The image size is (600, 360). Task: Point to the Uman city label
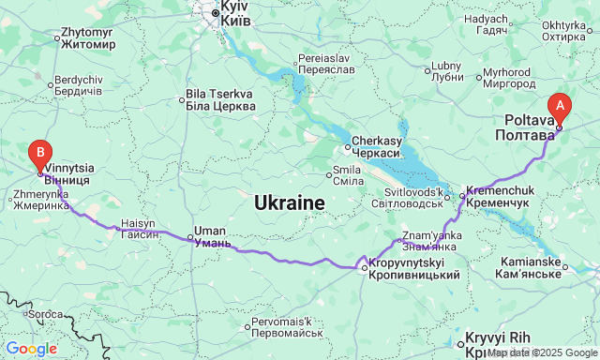pyautogui.click(x=209, y=236)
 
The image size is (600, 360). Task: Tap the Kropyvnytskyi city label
pyautogui.click(x=412, y=268)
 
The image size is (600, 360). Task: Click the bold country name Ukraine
pyautogui.click(x=290, y=202)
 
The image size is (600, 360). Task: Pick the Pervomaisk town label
pyautogui.click(x=287, y=328)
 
